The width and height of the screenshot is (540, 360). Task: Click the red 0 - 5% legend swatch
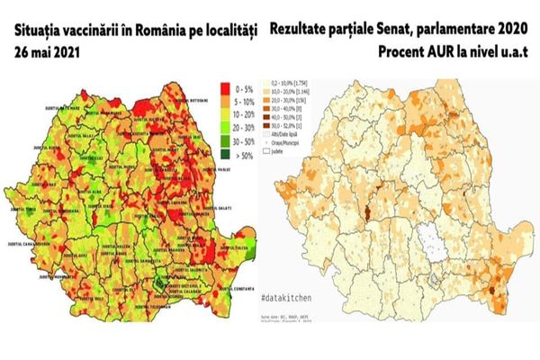point(225,90)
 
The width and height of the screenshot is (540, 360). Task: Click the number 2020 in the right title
point(508,29)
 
